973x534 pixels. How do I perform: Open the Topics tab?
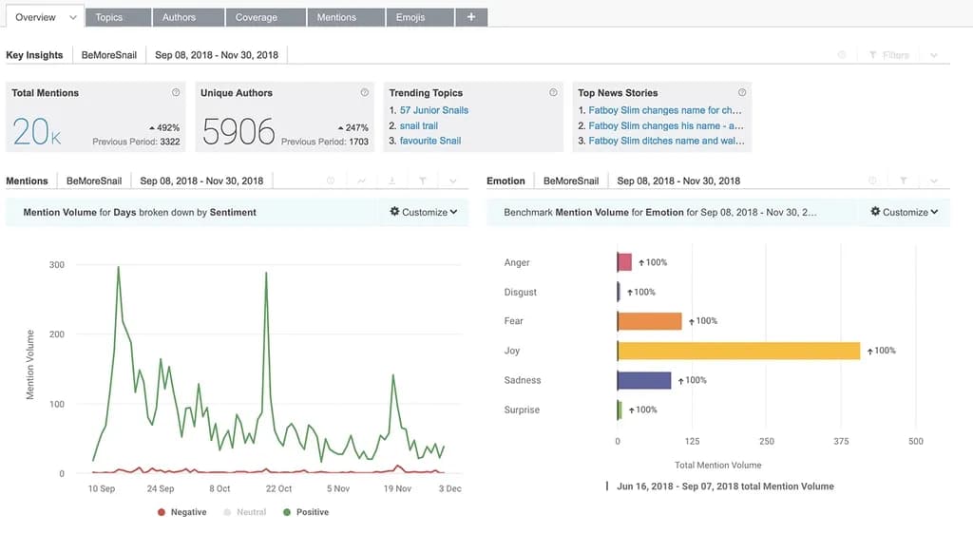tap(109, 17)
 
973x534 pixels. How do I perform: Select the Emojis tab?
tap(410, 17)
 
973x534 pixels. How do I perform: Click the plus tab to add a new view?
tap(471, 17)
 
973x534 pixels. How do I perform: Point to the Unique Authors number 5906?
tap(238, 132)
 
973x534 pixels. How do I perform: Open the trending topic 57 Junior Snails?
tap(433, 110)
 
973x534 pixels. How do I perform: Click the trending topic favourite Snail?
tap(430, 141)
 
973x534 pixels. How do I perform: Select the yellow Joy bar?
tap(738, 351)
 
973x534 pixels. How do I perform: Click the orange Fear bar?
tap(650, 321)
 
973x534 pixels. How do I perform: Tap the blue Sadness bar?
tap(644, 380)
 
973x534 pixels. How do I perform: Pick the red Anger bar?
tap(624, 262)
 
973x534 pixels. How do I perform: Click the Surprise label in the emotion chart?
tap(522, 410)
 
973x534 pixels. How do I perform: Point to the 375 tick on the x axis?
tap(841, 442)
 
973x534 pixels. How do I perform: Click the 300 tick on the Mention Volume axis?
tap(57, 265)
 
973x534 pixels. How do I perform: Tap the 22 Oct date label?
tap(278, 488)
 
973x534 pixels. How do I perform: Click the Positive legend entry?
tap(312, 512)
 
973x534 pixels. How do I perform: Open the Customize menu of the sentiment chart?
tap(424, 212)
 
